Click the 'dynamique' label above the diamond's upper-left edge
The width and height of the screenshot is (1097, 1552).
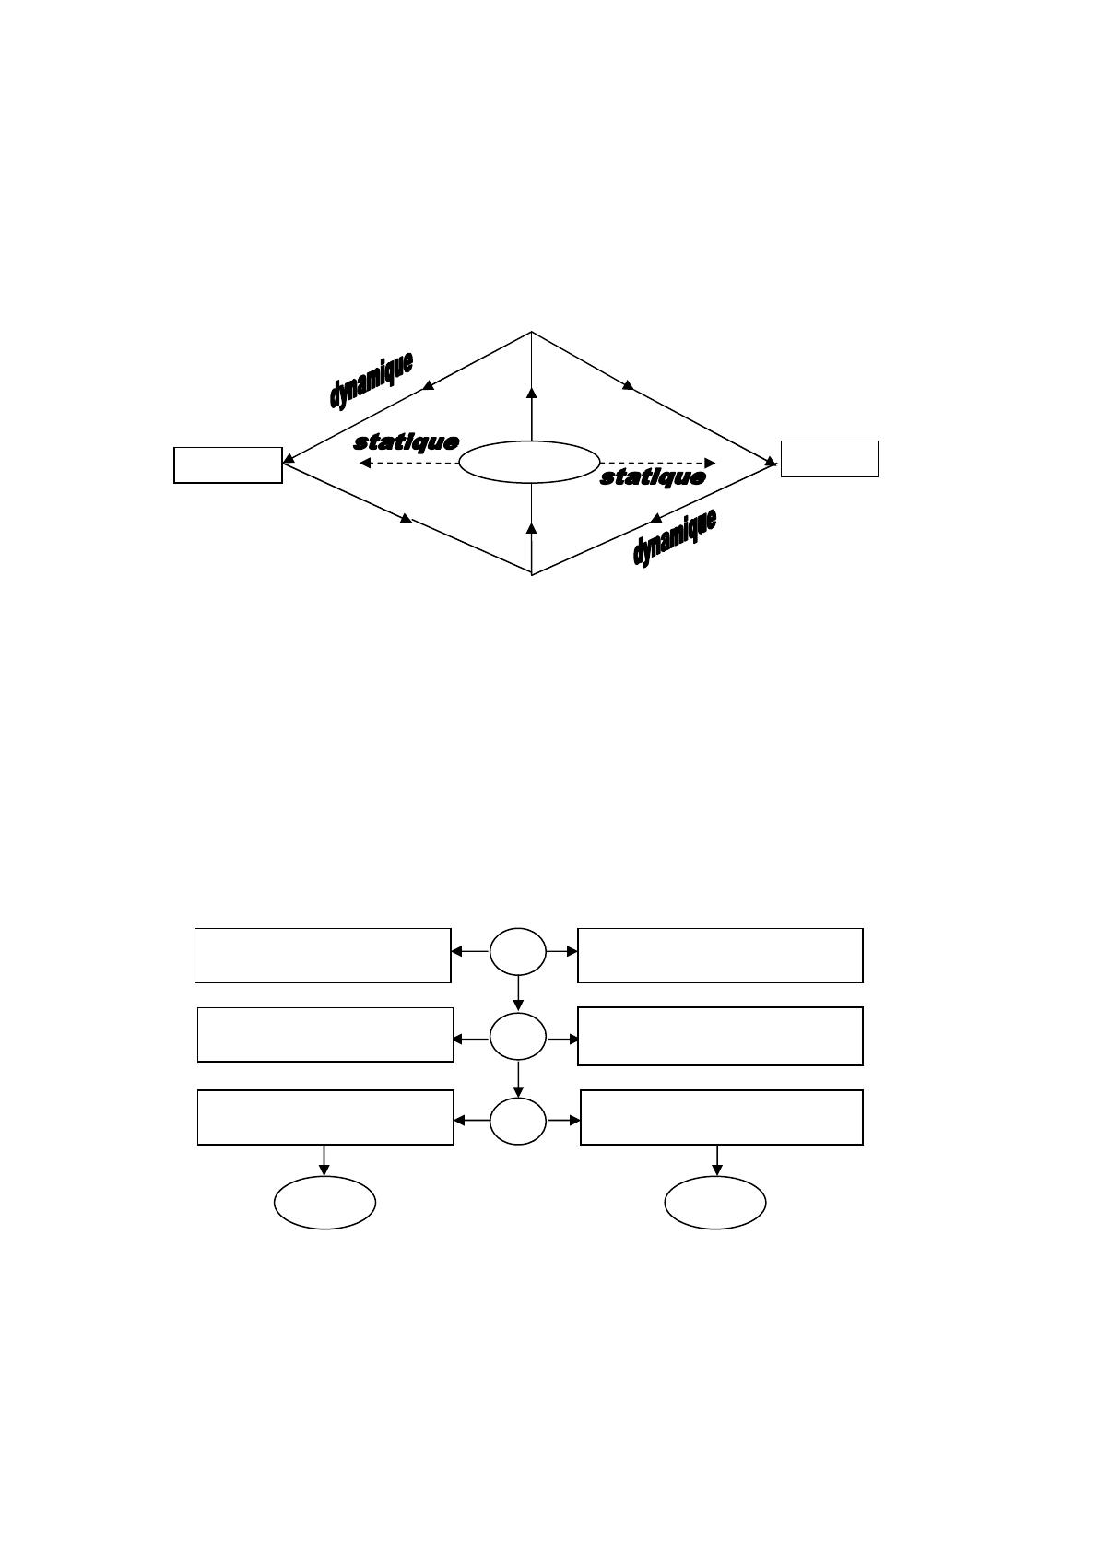(x=371, y=379)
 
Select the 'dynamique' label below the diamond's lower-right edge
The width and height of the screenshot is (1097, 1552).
(x=674, y=538)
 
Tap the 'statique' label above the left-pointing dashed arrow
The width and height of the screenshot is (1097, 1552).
(x=406, y=442)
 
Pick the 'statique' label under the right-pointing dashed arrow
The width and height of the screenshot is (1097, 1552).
(x=653, y=477)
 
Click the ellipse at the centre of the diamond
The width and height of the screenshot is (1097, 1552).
(x=529, y=462)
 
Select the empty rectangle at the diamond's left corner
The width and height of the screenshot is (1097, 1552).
(x=228, y=464)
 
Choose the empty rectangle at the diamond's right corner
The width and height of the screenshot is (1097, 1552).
(x=829, y=459)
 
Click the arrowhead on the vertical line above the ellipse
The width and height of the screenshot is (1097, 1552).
(x=532, y=394)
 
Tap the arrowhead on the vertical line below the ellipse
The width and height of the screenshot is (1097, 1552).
(x=531, y=527)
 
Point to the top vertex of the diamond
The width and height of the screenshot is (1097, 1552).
(x=532, y=332)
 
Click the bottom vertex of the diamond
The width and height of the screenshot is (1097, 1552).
(x=532, y=573)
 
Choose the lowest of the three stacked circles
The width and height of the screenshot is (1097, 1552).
(x=517, y=1122)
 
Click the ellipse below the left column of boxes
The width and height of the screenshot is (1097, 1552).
(x=324, y=1203)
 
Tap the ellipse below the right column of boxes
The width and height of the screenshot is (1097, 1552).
(x=715, y=1203)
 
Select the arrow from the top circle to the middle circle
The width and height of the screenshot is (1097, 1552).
(x=518, y=994)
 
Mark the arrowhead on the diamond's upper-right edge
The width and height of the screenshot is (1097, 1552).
(x=629, y=384)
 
